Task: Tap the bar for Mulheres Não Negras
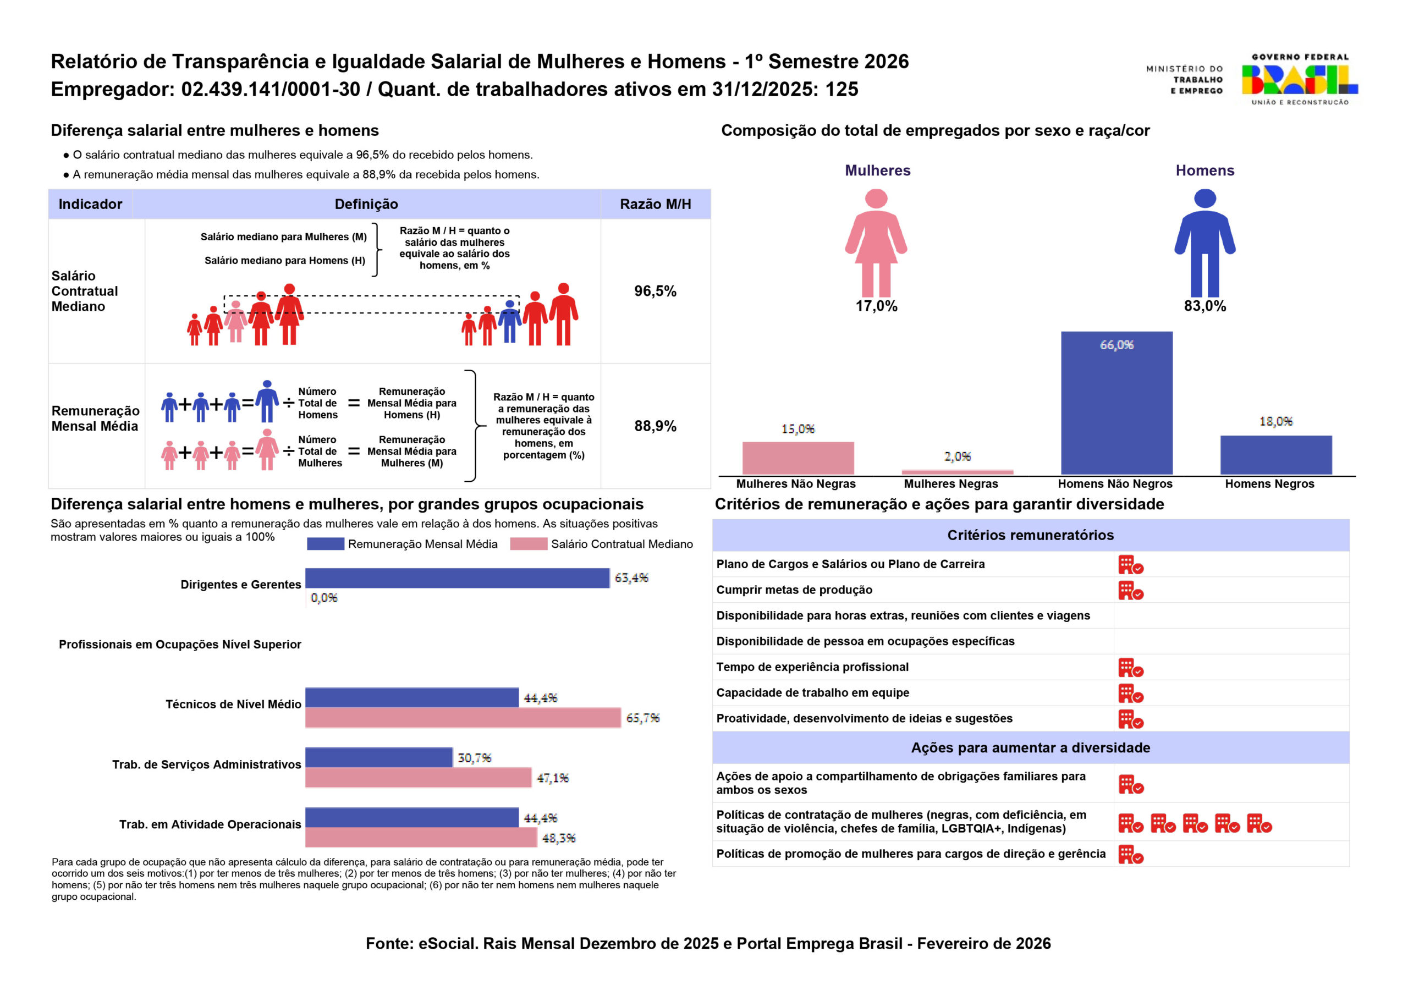pyautogui.click(x=798, y=458)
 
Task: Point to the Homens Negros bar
pyautogui.click(x=1275, y=454)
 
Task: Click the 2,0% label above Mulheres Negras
pyautogui.click(x=957, y=456)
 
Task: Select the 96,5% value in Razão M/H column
pyautogui.click(x=655, y=291)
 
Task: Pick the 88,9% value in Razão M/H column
pyautogui.click(x=655, y=426)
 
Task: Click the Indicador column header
pyautogui.click(x=90, y=204)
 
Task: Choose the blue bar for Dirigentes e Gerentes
pyautogui.click(x=457, y=577)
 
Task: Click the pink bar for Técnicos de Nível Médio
pyautogui.click(x=463, y=718)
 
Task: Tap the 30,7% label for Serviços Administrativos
pyautogui.click(x=474, y=758)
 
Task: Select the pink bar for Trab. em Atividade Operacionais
pyautogui.click(x=421, y=837)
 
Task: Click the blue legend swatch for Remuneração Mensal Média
pyautogui.click(x=325, y=544)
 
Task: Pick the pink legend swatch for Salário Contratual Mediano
pyautogui.click(x=528, y=544)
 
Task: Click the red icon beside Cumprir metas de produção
pyautogui.click(x=1130, y=591)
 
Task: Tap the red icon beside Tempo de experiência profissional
pyautogui.click(x=1130, y=668)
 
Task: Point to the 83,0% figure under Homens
pyautogui.click(x=1204, y=306)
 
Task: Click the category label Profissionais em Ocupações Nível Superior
pyautogui.click(x=180, y=645)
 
